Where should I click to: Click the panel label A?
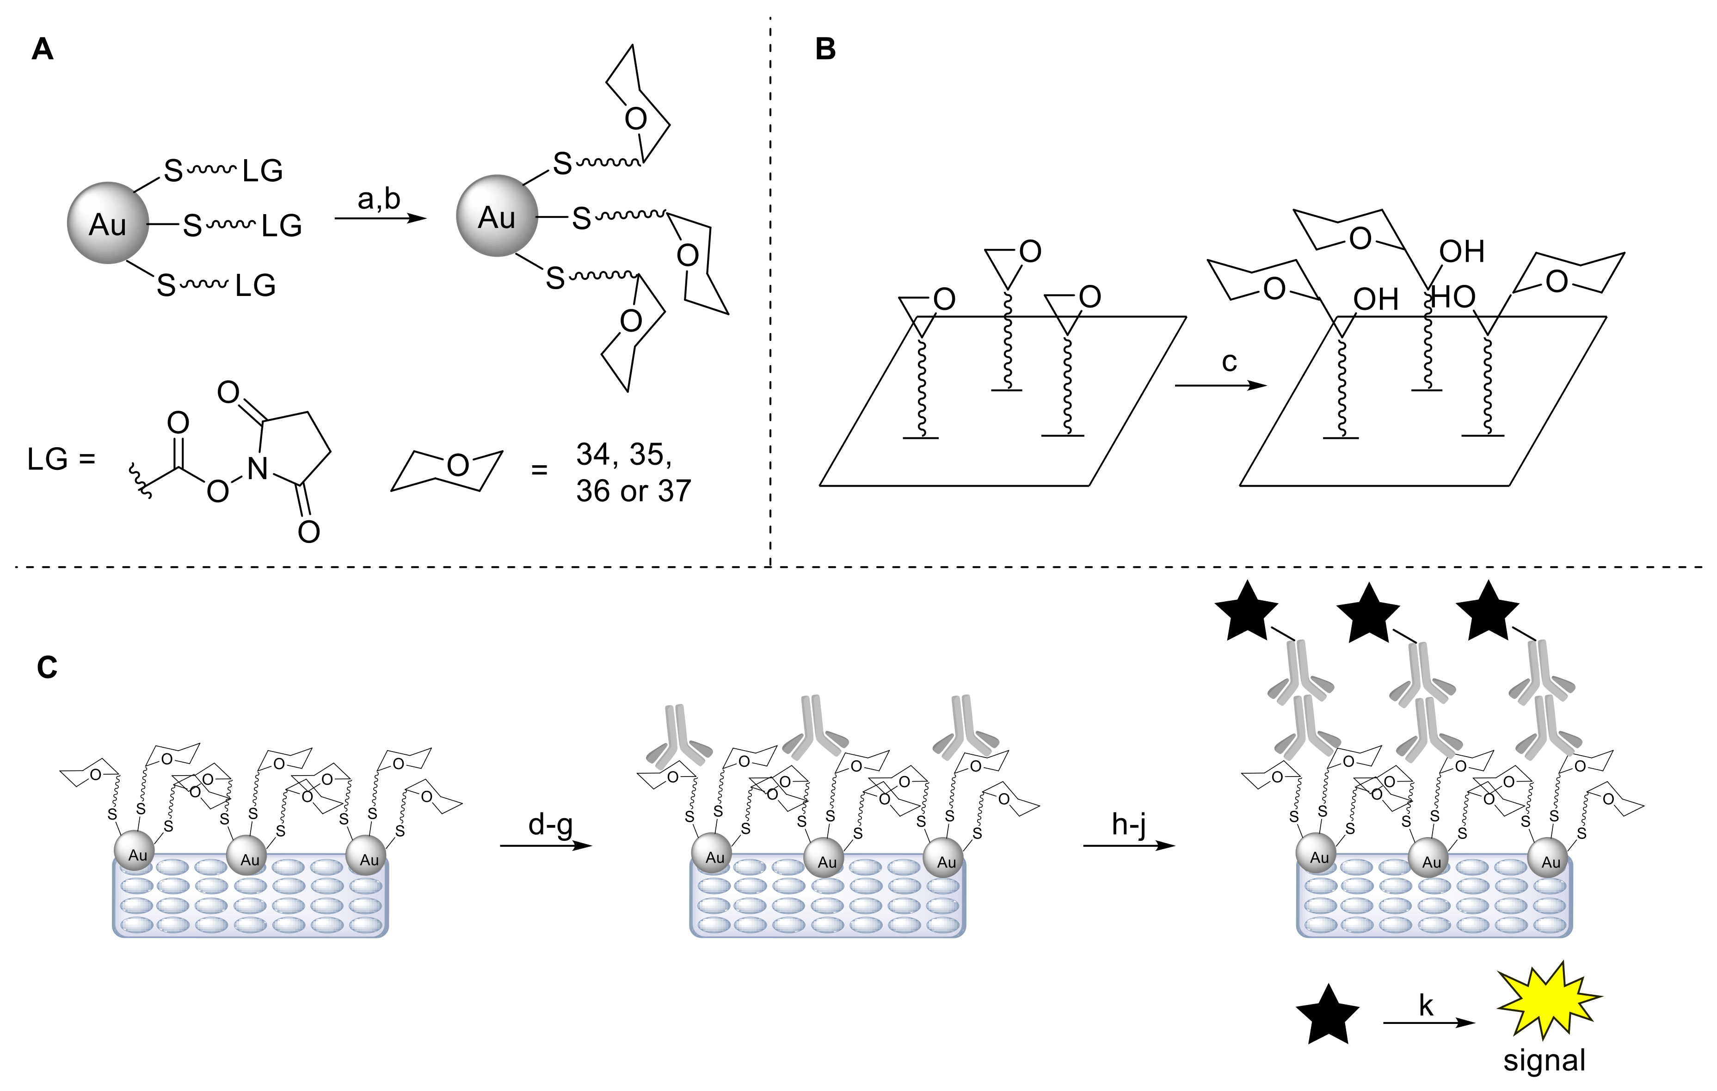point(43,50)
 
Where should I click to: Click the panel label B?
point(825,50)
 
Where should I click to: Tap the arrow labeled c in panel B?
point(1221,386)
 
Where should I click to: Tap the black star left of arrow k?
point(1327,1016)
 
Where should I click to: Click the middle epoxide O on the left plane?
point(1030,252)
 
